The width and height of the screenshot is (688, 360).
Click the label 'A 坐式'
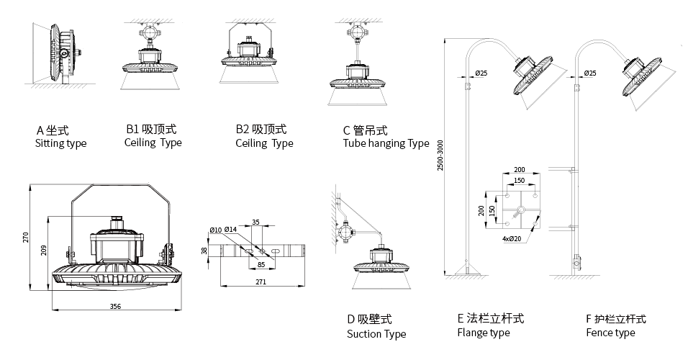tap(53, 130)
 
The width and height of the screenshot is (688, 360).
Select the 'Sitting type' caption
tap(60, 143)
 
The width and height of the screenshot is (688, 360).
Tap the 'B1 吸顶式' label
tap(151, 130)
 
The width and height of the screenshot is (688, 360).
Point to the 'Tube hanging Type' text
tap(386, 143)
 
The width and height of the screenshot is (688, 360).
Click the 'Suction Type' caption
tap(376, 334)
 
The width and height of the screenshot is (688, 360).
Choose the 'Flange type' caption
tap(483, 333)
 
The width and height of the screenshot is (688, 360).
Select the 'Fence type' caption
tap(610, 333)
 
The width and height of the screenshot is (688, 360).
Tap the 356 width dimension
tap(115, 307)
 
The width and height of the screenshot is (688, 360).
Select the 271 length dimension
tap(261, 282)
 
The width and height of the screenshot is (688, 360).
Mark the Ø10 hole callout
tap(215, 230)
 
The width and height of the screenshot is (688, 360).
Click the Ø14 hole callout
tap(231, 230)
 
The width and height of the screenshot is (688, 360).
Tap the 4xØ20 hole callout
tap(512, 238)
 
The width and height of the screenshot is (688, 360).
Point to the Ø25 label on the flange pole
tap(481, 73)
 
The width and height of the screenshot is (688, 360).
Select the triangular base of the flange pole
tap(466, 271)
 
